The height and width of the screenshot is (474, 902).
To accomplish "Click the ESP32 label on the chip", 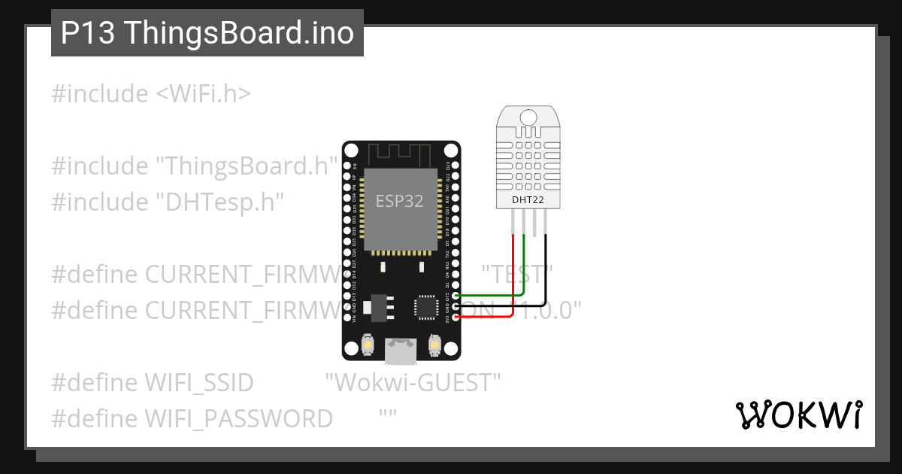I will point(399,201).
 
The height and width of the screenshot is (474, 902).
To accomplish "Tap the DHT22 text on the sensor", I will point(528,199).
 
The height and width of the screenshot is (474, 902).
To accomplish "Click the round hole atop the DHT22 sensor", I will point(528,117).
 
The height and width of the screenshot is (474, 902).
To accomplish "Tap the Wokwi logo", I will point(798,415).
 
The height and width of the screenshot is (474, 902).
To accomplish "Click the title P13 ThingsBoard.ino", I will point(207,33).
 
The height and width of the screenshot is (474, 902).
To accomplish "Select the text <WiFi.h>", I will point(203,94).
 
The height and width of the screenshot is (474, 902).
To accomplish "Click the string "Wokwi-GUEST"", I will point(413,382).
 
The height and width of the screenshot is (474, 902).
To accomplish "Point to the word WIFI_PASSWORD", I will point(238,418).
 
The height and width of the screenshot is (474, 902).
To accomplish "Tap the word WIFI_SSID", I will point(199,382).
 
